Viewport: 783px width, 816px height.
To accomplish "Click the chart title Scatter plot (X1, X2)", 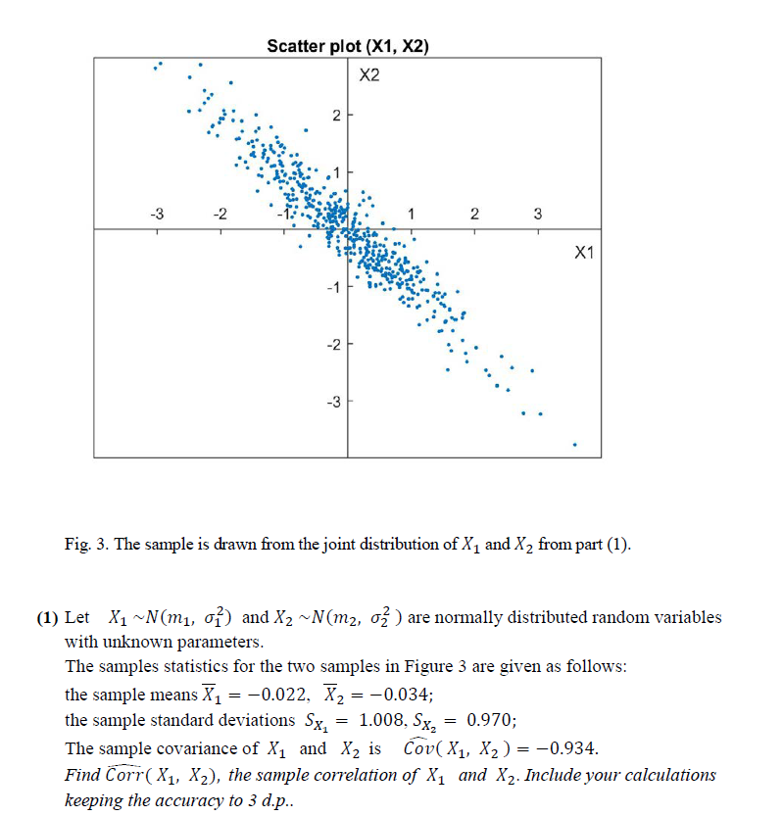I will (348, 45).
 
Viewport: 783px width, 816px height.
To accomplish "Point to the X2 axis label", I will (368, 74).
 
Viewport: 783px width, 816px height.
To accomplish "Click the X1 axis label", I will (584, 253).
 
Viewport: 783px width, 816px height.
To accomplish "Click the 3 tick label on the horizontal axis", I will (537, 214).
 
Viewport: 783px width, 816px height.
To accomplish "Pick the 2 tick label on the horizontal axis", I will (474, 214).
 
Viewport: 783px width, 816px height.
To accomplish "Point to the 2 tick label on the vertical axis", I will (335, 117).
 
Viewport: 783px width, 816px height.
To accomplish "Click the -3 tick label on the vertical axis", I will (332, 402).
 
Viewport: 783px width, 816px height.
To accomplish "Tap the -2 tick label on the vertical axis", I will (332, 345).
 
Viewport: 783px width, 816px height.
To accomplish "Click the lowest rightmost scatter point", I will (575, 445).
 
